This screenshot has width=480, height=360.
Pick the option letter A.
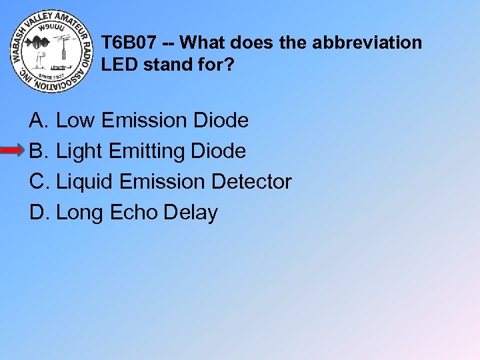click(x=37, y=121)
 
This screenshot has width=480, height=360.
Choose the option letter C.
click(x=38, y=181)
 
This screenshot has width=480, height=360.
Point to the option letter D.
click(x=38, y=213)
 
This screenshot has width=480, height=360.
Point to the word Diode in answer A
click(x=220, y=121)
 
